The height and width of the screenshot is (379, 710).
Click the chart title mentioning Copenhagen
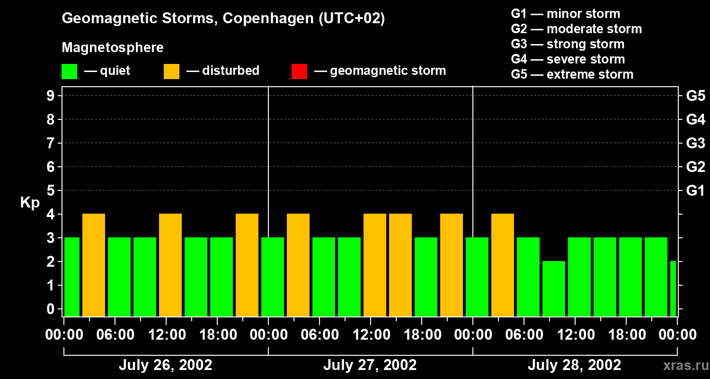coord(223,18)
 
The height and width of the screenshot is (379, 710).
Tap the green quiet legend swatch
coord(69,71)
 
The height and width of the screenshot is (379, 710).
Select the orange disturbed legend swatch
coord(171,71)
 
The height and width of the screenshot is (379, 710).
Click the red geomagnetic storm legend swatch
coord(299,71)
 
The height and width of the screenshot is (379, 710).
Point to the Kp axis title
coord(29,203)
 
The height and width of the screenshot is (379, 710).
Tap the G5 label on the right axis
coord(695,96)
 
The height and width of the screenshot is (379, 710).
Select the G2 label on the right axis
coord(695,167)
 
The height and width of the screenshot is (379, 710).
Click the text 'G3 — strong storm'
coord(568,44)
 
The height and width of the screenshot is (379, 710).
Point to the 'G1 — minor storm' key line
coord(565,14)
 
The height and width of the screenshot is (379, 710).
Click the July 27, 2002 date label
coord(370,365)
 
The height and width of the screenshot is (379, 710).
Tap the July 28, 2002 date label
coord(574,365)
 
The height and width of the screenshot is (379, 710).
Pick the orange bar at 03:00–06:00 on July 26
coord(94,265)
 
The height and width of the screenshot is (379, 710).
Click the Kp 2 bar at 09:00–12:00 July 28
coord(554,289)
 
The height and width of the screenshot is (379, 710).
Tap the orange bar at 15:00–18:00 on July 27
coord(400,265)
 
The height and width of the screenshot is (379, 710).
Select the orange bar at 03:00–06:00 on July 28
coord(503,265)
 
